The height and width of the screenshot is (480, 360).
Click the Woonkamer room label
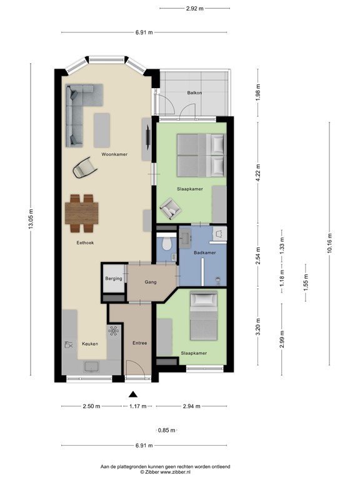[x=114, y=154]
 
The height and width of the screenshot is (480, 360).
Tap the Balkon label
[x=195, y=92]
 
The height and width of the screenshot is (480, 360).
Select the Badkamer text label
[x=205, y=252]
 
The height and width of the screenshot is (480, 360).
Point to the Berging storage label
[x=114, y=279]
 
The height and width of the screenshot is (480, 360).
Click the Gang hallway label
[x=151, y=282]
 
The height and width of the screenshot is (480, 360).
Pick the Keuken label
[x=90, y=344]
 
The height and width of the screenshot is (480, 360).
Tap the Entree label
[x=139, y=343]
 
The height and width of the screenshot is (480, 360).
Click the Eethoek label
[x=85, y=242]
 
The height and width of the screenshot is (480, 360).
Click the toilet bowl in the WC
[x=167, y=243]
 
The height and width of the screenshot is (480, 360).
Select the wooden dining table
[x=82, y=213]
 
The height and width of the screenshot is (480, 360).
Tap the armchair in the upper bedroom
[x=171, y=209]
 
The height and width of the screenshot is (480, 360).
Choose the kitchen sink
[x=92, y=367]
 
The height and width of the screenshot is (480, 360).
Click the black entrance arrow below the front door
[x=132, y=394]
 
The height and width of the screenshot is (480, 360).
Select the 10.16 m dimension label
[x=329, y=243]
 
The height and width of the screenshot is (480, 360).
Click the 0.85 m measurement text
[x=167, y=430]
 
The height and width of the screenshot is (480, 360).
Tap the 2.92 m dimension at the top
[x=195, y=9]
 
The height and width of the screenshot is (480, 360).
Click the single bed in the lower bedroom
[x=204, y=316]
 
